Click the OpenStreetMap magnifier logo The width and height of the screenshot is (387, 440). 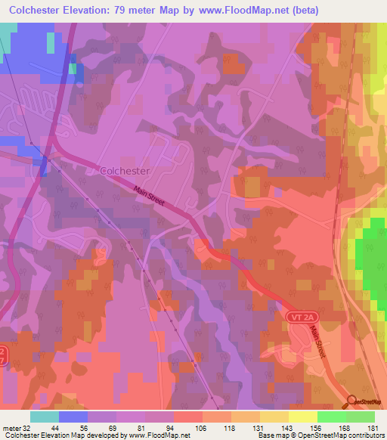click(352, 401)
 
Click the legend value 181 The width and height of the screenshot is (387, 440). click(375, 428)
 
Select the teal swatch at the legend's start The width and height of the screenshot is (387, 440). click(45, 417)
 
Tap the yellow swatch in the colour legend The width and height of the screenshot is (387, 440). click(302, 417)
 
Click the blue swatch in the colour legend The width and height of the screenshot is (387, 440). click(73, 417)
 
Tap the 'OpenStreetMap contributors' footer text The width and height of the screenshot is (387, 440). click(346, 436)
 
